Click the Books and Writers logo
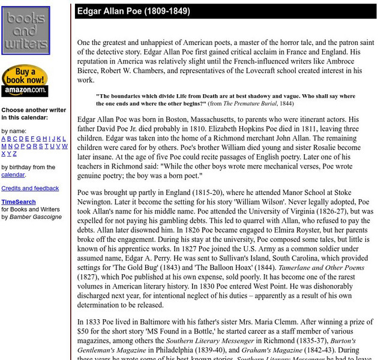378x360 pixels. click(x=26, y=31)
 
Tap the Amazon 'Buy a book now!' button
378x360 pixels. click(x=25, y=80)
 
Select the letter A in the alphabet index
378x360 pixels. click(x=4, y=139)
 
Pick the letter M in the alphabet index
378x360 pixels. click(x=4, y=146)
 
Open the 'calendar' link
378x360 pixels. click(x=13, y=175)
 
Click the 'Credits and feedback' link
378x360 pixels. click(x=30, y=188)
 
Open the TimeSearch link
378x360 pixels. click(x=19, y=202)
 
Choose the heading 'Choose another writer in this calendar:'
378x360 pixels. click(x=34, y=114)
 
